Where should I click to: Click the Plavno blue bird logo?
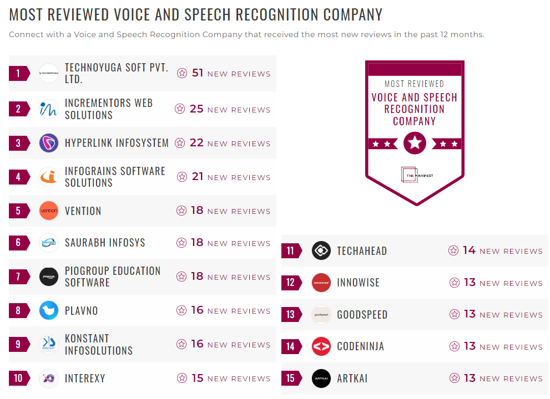(49, 310)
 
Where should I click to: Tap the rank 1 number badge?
(18, 73)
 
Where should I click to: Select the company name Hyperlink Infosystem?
(117, 143)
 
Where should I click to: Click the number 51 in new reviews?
(198, 73)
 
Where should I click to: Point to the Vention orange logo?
(49, 211)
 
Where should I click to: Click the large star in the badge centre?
(415, 143)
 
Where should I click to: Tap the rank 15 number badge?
(290, 378)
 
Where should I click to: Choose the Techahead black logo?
(321, 250)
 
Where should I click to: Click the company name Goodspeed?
(362, 315)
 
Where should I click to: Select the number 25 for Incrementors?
(196, 109)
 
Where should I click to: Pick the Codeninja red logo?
(321, 346)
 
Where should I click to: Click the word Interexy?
(85, 378)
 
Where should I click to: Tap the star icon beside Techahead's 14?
(453, 250)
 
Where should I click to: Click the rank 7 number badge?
(18, 277)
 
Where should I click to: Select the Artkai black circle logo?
(321, 378)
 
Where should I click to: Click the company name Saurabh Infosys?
(105, 243)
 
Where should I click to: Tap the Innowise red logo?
(321, 283)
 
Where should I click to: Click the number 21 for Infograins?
(198, 177)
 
